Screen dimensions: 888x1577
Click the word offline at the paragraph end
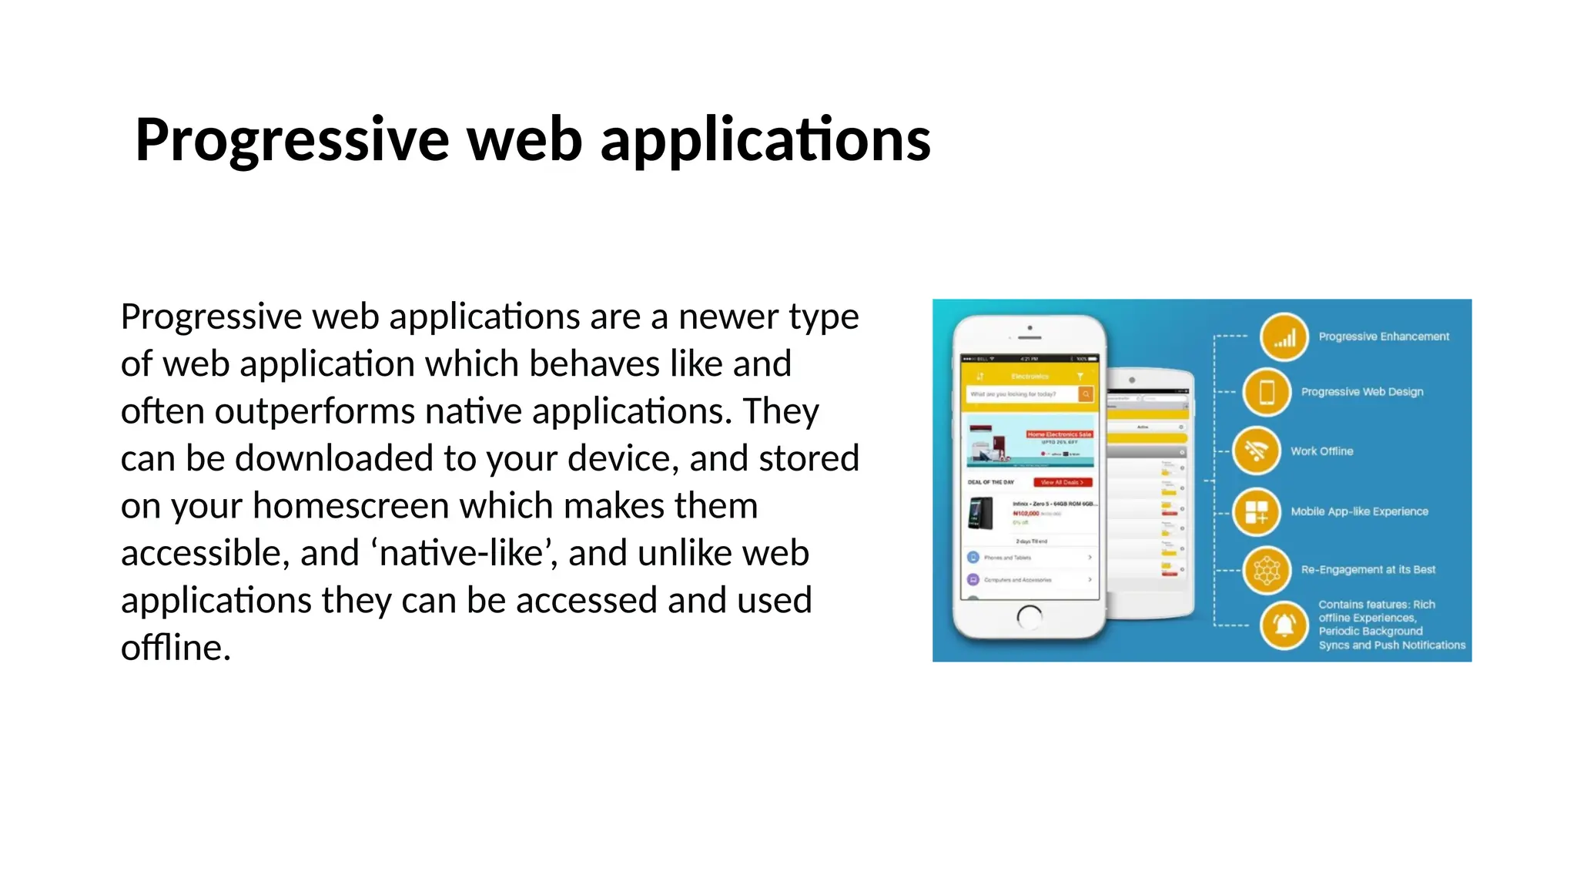pyautogui.click(x=176, y=648)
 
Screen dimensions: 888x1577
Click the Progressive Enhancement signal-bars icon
pyautogui.click(x=1284, y=337)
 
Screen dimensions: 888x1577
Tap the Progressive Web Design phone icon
pyautogui.click(x=1267, y=392)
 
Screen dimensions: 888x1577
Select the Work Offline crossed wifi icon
pyautogui.click(x=1256, y=451)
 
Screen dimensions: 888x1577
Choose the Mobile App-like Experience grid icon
pyautogui.click(x=1256, y=512)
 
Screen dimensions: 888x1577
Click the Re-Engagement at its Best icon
pyautogui.click(x=1267, y=570)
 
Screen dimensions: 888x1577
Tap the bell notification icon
pyautogui.click(x=1284, y=625)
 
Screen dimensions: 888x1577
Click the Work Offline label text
pyautogui.click(x=1321, y=451)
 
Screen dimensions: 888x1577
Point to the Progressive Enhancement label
pyautogui.click(x=1384, y=337)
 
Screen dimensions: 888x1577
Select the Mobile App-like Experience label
pyautogui.click(x=1359, y=511)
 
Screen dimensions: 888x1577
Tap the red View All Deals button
pyautogui.click(x=1062, y=482)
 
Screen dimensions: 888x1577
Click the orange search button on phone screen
pyautogui.click(x=1086, y=394)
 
